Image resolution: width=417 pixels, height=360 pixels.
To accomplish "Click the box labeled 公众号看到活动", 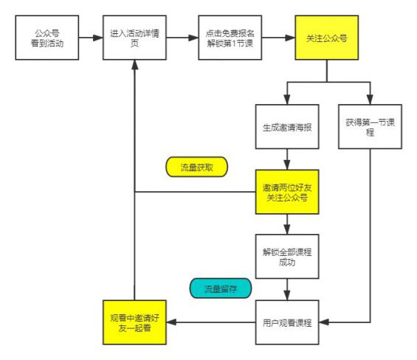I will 48,38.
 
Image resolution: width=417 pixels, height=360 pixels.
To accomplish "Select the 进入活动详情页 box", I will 134,38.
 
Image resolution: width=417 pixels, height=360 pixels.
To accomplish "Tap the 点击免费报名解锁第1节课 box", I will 230,38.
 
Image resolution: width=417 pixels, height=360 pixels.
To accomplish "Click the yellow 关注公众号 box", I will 327,38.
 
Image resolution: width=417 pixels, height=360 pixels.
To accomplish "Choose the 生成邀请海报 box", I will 286,126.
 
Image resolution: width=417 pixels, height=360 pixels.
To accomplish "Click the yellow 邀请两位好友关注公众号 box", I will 286,192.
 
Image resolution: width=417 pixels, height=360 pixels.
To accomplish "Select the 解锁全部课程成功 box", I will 286,256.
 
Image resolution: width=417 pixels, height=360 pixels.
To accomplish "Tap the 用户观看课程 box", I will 286,322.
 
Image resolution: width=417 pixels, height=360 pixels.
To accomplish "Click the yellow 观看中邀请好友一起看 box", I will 134,322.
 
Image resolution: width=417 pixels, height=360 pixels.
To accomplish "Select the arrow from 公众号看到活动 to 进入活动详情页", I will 91,38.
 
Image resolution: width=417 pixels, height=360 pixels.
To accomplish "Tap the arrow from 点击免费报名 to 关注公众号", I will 279,38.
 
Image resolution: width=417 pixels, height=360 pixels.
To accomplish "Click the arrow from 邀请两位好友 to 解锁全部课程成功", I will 286,224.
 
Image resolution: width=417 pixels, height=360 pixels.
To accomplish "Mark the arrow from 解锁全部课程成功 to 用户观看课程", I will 286,289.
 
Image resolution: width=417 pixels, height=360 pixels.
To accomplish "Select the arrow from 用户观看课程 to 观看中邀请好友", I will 210,322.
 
